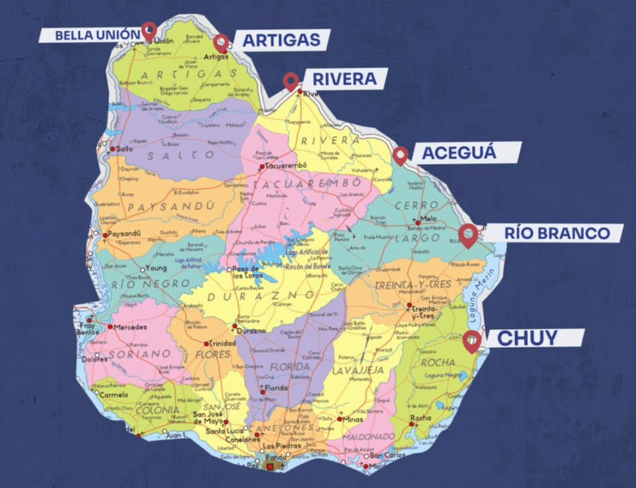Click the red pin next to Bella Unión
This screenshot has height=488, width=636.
[x=148, y=30]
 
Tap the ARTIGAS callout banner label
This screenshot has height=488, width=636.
[x=281, y=40]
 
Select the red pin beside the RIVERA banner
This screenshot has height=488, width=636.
[x=291, y=81]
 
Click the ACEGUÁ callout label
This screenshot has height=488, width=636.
[x=458, y=153]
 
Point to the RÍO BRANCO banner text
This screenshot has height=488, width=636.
[x=556, y=234]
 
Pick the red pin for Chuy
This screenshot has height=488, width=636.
[x=472, y=341]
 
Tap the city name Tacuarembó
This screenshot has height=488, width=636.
[x=285, y=166]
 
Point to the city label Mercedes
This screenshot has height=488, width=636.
[x=130, y=327]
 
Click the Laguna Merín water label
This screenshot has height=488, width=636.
[x=480, y=295]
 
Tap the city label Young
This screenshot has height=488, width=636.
[x=156, y=267]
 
